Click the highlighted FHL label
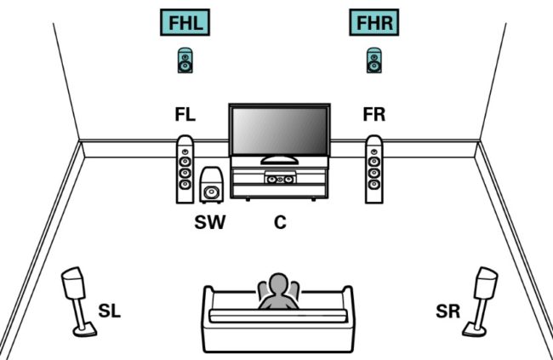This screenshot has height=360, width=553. pos(184,24)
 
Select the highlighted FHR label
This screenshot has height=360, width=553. pos(373,24)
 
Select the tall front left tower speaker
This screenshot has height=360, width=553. pos(184,169)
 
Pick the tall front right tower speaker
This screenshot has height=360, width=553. pos(373,169)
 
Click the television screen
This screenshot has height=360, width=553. pos(278,132)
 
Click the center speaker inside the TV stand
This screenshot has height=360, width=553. pos(279,180)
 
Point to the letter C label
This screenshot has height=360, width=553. pos(279,223)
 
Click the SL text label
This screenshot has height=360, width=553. pos(109,311)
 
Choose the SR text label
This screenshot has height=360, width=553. pos(448,311)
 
